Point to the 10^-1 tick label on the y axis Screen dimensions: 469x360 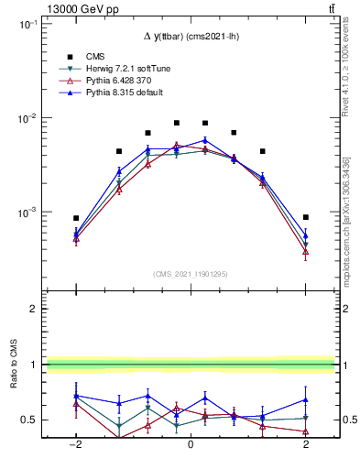pos(27,25)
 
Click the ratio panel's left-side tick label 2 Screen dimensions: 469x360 pos(34,310)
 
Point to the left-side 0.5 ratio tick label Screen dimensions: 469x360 pos(29,420)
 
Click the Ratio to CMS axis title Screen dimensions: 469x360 pos(13,388)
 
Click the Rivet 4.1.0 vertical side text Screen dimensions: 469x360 pos(352,73)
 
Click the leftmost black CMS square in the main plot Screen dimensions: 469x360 pos(77,218)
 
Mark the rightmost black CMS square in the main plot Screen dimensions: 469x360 pos(305,217)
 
